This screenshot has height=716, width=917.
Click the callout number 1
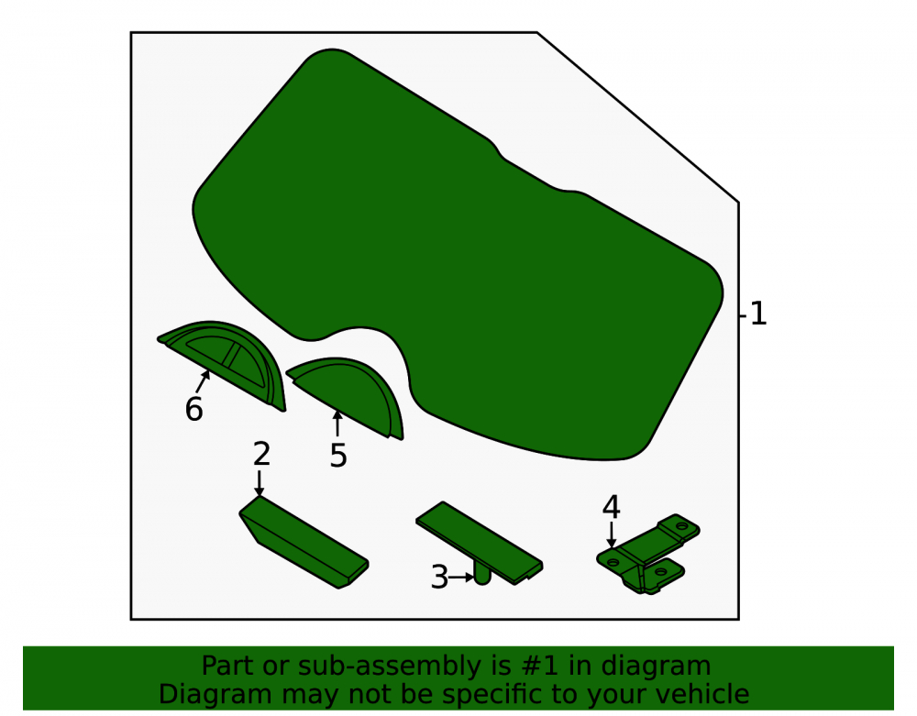(758, 314)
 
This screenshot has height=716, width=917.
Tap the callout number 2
(261, 454)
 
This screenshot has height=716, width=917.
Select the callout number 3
(439, 578)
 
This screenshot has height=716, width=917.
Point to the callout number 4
(611, 507)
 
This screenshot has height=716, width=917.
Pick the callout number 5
(338, 456)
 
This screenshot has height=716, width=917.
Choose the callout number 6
(194, 409)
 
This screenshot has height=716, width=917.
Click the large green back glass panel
(456, 258)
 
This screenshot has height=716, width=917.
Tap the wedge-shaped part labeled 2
(304, 542)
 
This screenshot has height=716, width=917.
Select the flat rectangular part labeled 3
(479, 543)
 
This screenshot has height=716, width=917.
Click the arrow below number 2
(260, 483)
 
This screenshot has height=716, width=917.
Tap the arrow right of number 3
(462, 578)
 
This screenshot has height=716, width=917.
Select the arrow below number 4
(611, 534)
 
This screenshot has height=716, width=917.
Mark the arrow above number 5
(337, 424)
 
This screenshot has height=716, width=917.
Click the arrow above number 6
(203, 381)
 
